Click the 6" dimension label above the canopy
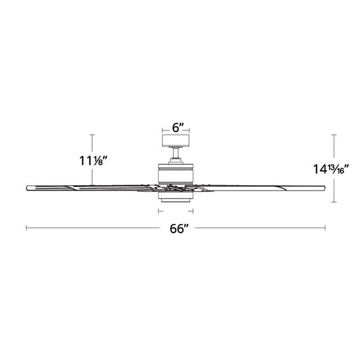pyautogui.click(x=178, y=128)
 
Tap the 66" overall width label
pyautogui.click(x=179, y=229)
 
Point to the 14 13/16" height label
pyautogui.click(x=331, y=169)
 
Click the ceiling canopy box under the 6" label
pyautogui.click(x=176, y=140)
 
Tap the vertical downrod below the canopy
pyautogui.click(x=176, y=152)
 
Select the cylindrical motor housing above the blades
pyautogui.click(x=176, y=174)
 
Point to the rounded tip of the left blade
pyautogui.click(x=27, y=188)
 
